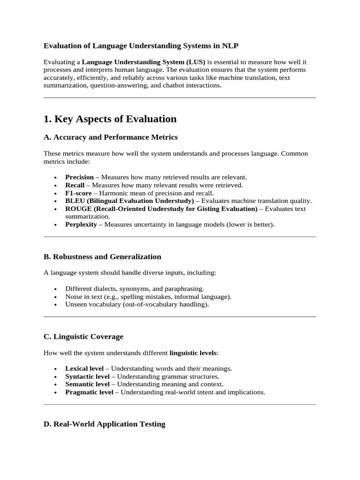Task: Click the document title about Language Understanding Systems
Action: click(x=141, y=45)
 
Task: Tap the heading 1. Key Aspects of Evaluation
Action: click(x=110, y=119)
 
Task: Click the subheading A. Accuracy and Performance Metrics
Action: click(x=111, y=137)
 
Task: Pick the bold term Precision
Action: click(x=79, y=177)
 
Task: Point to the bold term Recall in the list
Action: click(x=75, y=185)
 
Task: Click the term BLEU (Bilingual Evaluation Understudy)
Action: click(x=129, y=201)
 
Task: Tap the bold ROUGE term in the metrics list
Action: click(x=161, y=209)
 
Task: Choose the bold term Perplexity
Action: click(x=81, y=225)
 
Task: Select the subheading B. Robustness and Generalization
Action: click(x=102, y=257)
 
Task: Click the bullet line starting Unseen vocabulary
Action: click(x=137, y=304)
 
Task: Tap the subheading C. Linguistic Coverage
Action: click(x=83, y=337)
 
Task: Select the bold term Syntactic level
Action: click(x=87, y=376)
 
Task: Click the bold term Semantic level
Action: click(x=87, y=384)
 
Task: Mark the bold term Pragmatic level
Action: click(x=89, y=392)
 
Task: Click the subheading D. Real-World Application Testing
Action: click(x=105, y=424)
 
